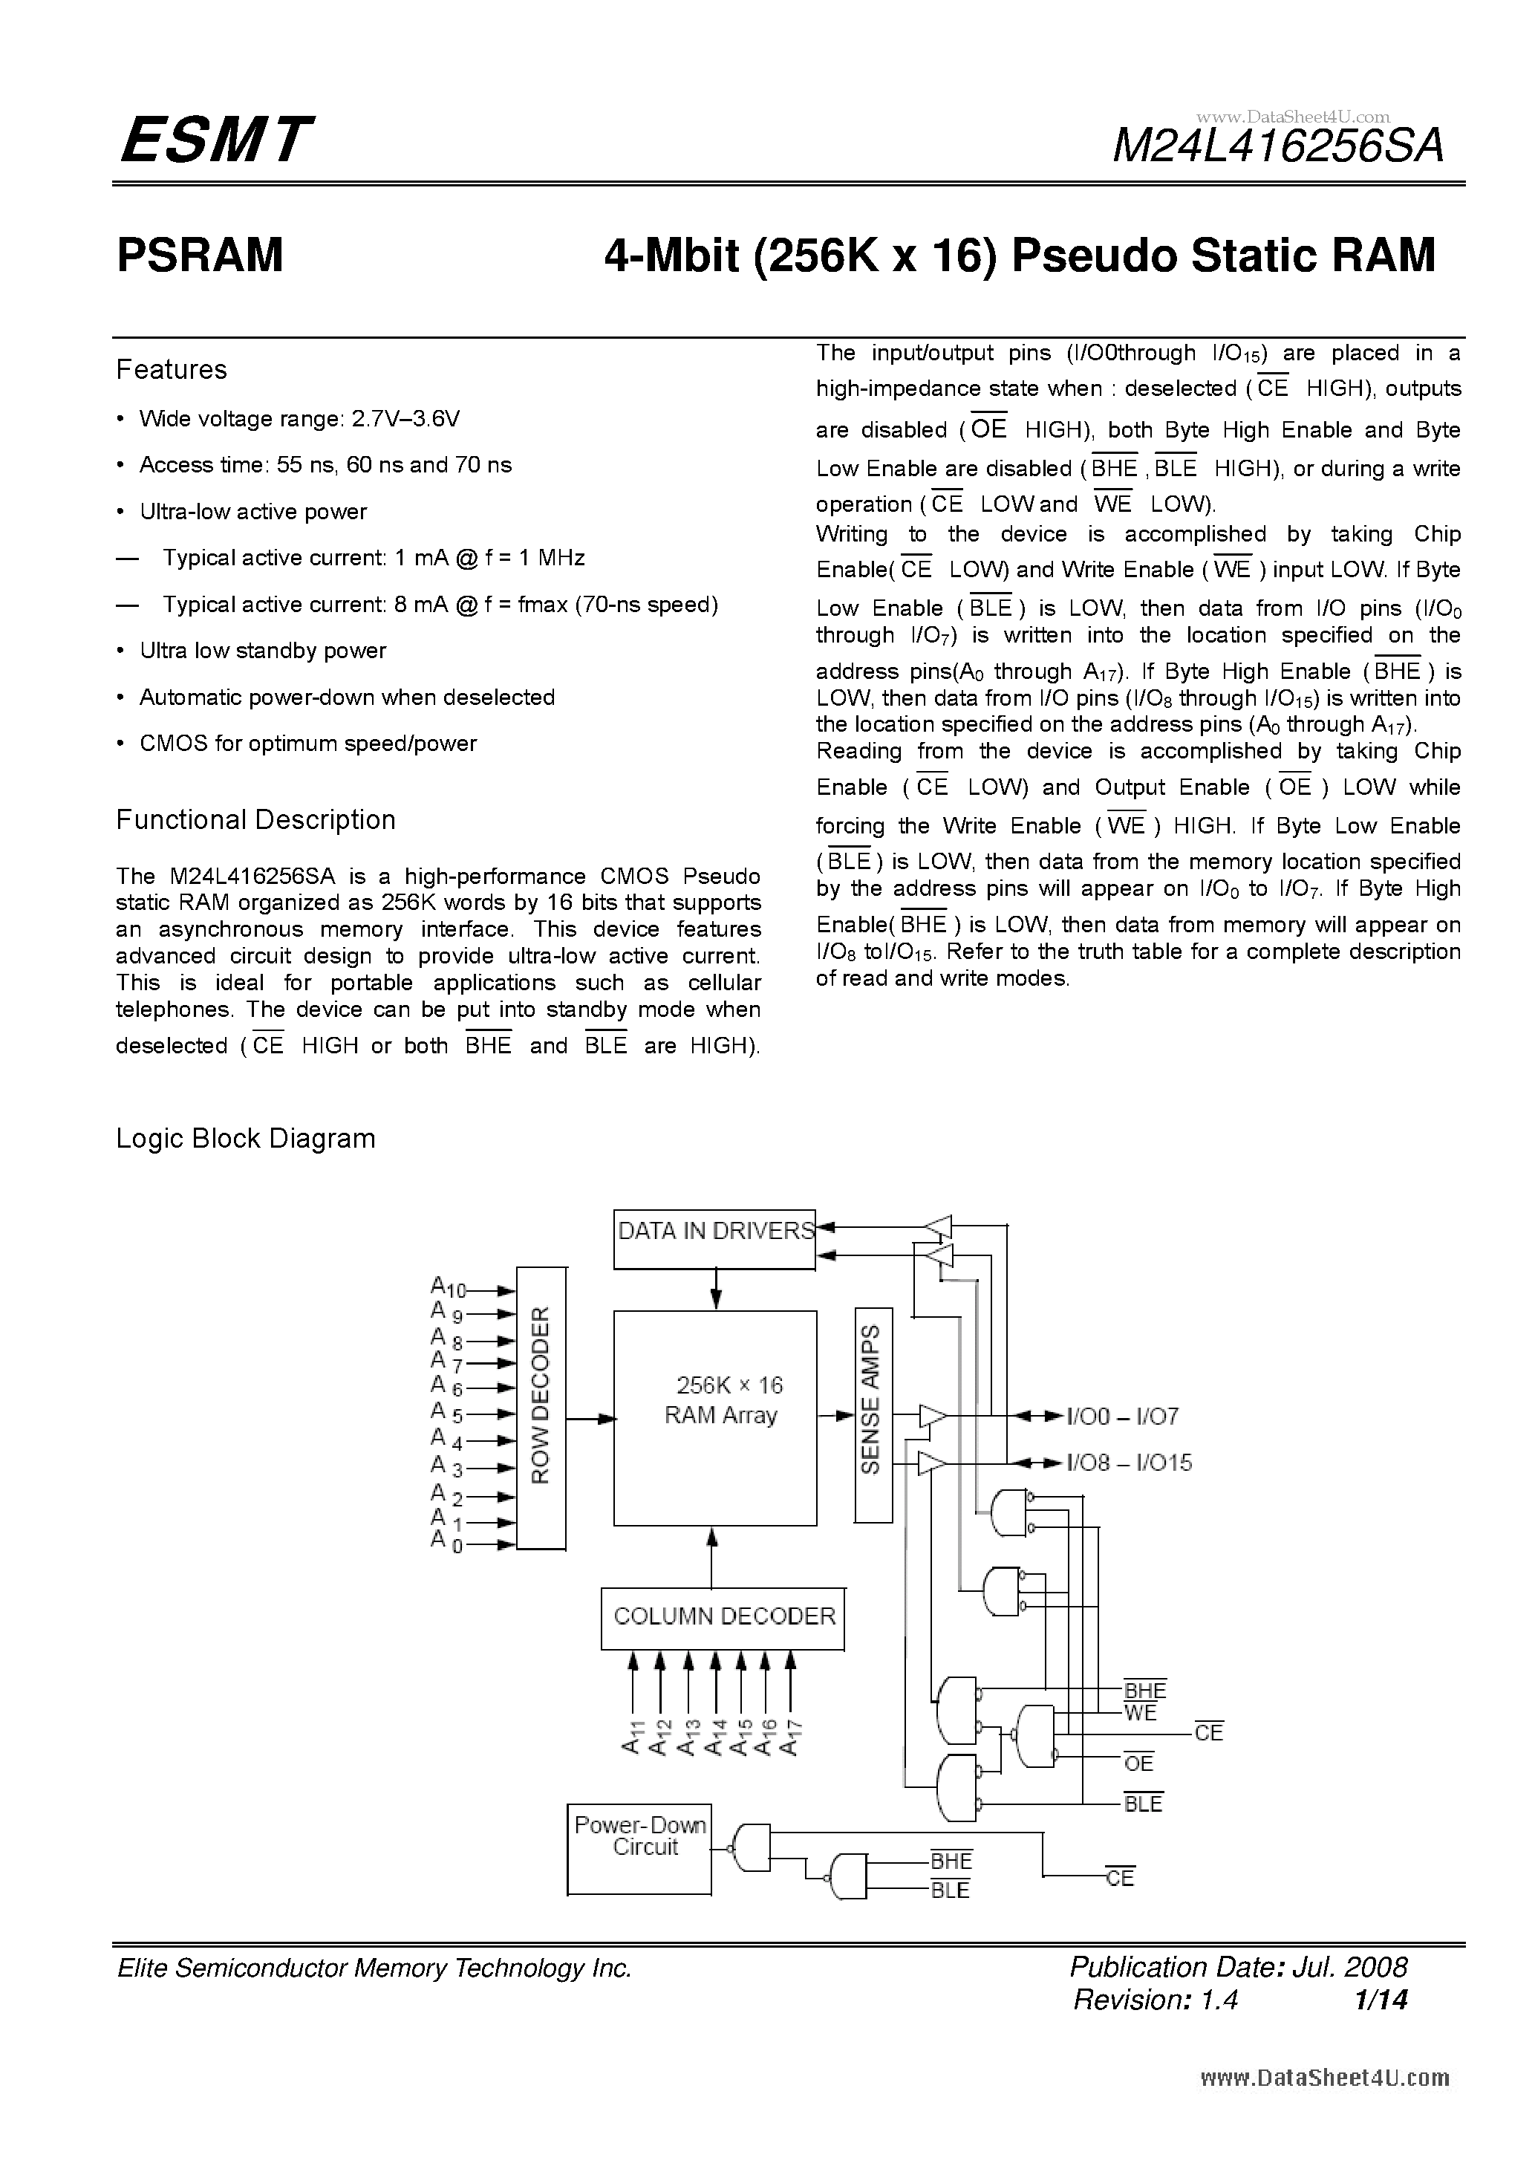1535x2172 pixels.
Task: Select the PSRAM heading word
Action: click(x=200, y=256)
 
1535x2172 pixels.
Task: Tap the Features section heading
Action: click(x=172, y=370)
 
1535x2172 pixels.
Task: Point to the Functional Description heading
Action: click(x=255, y=820)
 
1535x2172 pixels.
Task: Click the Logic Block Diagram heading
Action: click(x=245, y=1138)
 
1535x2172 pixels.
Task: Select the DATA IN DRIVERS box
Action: click(x=714, y=1239)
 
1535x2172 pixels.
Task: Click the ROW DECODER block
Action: click(x=541, y=1408)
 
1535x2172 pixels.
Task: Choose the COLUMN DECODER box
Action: click(x=723, y=1616)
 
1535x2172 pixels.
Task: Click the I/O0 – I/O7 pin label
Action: click(x=1123, y=1416)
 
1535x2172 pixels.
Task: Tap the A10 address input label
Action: click(x=447, y=1287)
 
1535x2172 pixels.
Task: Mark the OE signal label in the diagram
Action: click(x=1138, y=1763)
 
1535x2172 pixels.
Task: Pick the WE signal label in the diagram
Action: click(x=1141, y=1713)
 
